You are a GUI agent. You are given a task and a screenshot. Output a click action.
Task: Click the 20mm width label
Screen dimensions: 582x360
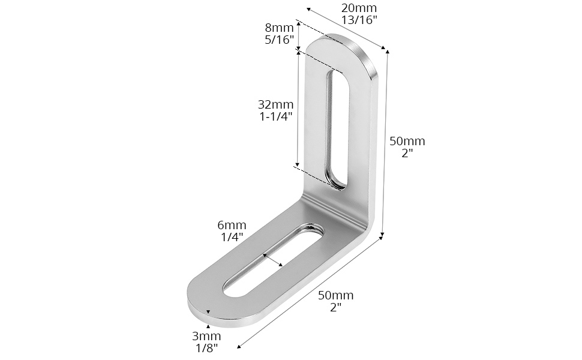pos(359,8)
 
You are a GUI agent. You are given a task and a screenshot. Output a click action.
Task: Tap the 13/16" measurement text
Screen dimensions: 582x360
pos(359,20)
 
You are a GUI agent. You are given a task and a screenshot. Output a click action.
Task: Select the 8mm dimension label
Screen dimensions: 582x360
pos(279,28)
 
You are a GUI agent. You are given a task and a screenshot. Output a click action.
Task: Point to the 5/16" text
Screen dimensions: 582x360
pos(279,40)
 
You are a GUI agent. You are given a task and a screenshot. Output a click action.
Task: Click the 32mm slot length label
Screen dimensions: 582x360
pos(276,104)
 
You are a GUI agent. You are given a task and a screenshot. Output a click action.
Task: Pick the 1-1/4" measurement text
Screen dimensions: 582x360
pos(276,116)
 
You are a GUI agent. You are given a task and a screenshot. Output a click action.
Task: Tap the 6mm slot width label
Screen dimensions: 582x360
pos(232,225)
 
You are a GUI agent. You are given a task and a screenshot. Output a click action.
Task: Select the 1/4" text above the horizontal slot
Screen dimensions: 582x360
pos(232,237)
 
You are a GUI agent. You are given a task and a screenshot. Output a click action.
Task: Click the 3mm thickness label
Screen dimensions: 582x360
pos(206,336)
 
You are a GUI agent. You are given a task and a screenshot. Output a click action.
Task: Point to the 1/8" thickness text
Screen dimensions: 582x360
pos(206,349)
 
